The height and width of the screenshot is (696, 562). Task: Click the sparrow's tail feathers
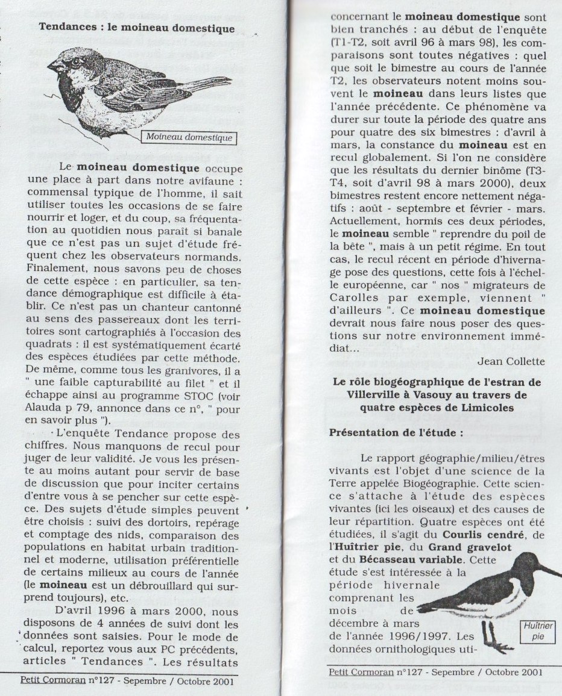[x=208, y=82]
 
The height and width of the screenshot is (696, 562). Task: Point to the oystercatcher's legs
[x=490, y=632]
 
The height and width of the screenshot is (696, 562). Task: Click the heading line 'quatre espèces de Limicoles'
[x=438, y=408]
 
